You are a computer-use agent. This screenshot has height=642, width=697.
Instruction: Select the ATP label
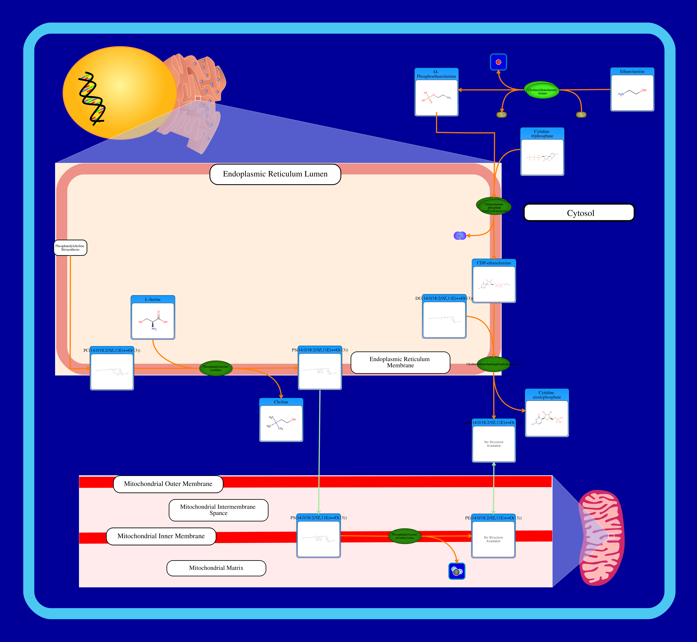(581, 115)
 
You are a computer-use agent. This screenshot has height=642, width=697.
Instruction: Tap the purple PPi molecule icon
(460, 236)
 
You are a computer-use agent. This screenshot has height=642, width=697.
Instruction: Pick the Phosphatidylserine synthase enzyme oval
(216, 368)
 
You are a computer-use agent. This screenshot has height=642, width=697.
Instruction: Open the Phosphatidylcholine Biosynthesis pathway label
(70, 248)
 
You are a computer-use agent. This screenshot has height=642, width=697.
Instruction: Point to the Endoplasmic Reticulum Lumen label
(275, 174)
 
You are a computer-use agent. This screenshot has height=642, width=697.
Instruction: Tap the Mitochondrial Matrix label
(216, 568)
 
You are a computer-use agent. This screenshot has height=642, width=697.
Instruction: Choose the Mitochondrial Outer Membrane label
(168, 484)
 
